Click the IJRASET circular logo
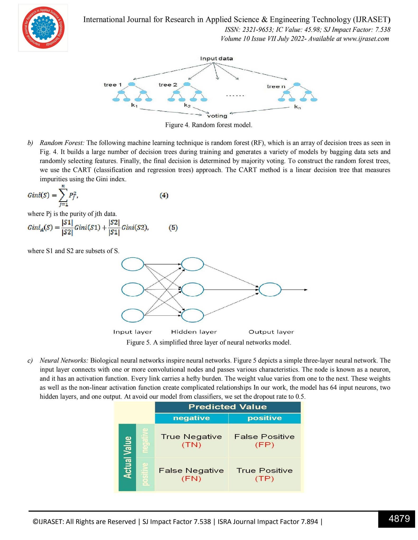coord(43,28)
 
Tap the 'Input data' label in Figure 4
coord(216,59)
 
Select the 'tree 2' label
coord(168,85)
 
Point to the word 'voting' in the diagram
coord(217,116)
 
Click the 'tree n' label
coord(276,86)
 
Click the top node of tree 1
coord(132,84)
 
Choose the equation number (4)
coord(164,195)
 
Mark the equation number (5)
coord(173,228)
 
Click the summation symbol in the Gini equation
coord(63,196)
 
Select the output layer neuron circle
coord(270,290)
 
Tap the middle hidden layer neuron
coord(192,290)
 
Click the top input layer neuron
coord(133,264)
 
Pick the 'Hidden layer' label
coord(194,332)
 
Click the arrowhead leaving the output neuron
coord(306,290)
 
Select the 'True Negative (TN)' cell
coord(191,440)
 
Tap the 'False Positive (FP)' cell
coord(264,440)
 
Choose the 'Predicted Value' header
coord(227,407)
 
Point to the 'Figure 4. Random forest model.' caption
coord(209,125)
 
